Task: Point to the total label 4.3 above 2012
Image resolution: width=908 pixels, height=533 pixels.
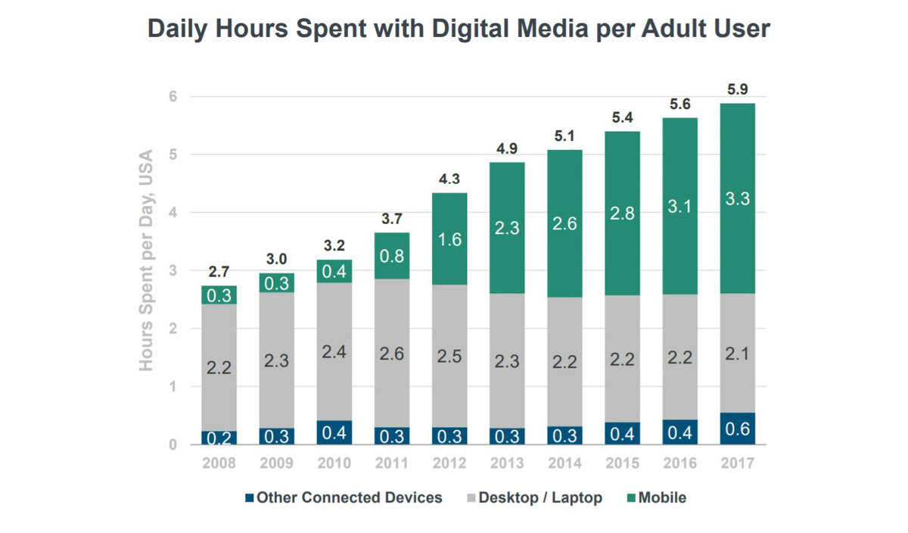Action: [450, 179]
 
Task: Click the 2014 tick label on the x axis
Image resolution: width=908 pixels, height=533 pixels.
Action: [564, 463]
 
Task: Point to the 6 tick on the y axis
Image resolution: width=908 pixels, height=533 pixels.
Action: [172, 97]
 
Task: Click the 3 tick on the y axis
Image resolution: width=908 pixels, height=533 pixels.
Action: [172, 271]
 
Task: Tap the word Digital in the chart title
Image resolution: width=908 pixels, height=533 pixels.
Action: [459, 30]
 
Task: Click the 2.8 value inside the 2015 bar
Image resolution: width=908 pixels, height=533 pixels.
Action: [621, 212]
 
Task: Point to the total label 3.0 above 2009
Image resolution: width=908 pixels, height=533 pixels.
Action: [277, 257]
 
